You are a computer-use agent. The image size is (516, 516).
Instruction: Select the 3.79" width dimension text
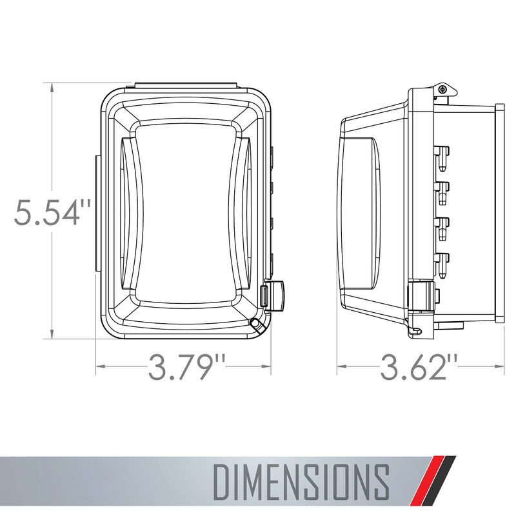181,368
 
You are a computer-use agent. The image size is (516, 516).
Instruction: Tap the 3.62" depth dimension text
422,368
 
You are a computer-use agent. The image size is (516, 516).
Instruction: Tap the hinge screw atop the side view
442,89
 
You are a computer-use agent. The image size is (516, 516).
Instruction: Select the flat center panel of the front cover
185,212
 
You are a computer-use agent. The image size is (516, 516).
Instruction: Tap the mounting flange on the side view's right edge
500,212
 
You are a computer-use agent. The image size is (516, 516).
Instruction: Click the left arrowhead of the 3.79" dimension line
99,368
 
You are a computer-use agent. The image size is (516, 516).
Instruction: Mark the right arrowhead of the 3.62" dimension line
501,368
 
